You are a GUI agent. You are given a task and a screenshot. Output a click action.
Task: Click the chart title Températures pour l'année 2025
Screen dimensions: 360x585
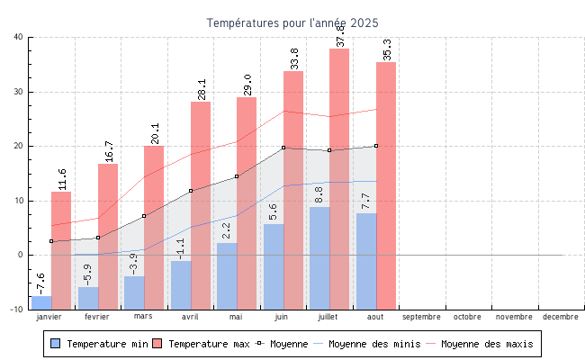292,22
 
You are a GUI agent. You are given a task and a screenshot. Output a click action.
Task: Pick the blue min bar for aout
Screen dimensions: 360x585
365,260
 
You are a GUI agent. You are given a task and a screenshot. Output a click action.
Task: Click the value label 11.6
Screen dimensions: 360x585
62,179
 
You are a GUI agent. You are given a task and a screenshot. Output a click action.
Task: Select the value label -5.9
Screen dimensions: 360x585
88,274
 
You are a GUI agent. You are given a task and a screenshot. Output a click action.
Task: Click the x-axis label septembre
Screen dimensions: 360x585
421,317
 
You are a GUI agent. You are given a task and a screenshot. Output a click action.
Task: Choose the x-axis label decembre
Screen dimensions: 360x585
561,317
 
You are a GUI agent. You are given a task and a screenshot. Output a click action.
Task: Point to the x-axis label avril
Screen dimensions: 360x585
190,317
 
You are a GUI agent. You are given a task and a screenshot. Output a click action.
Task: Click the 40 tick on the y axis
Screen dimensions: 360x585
19,37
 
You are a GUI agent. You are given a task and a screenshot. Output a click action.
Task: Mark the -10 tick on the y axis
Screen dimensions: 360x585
17,310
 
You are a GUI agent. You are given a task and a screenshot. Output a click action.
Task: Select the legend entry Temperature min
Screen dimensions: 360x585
100,344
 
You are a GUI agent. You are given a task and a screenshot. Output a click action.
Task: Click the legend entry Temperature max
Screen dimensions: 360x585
202,344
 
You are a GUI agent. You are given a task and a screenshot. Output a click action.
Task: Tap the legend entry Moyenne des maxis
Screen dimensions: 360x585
486,344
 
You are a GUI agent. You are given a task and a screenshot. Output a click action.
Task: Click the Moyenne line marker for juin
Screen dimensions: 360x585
283,148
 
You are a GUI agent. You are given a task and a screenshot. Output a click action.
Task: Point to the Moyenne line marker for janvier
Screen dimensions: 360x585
51,241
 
